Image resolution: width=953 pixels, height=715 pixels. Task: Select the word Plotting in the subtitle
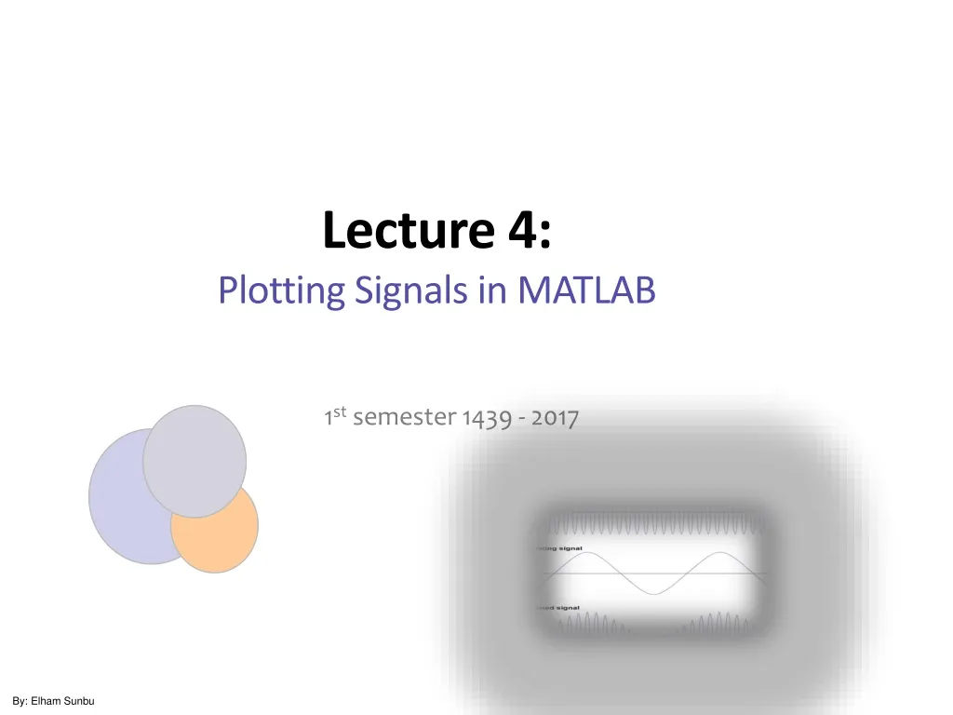(x=282, y=292)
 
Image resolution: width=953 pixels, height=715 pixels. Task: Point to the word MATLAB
(x=586, y=292)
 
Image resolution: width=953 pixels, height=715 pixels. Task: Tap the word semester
(x=405, y=419)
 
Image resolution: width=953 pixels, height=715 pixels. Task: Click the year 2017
(x=555, y=419)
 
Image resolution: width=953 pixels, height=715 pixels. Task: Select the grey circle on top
(x=195, y=461)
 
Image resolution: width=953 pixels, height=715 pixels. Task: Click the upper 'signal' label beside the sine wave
(x=570, y=548)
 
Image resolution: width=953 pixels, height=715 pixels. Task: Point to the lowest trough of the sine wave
(x=654, y=593)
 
